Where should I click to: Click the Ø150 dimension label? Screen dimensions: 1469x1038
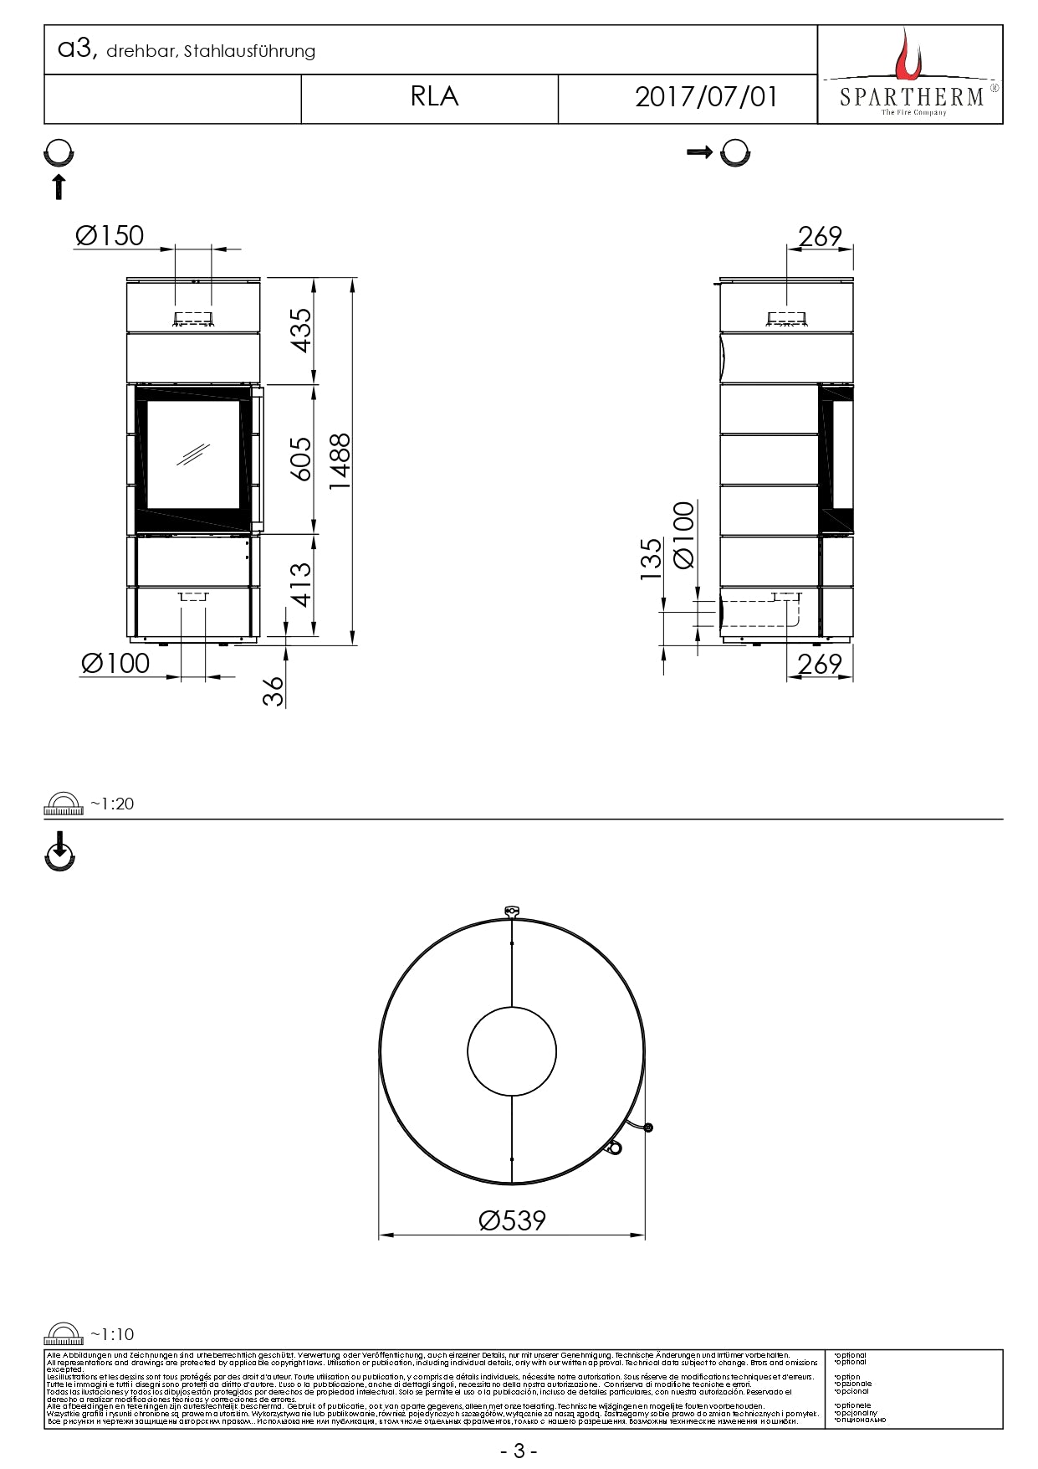point(110,236)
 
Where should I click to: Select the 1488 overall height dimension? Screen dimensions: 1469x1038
point(339,461)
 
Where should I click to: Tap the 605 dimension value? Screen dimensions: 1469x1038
point(301,459)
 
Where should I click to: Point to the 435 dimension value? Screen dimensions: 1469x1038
point(301,330)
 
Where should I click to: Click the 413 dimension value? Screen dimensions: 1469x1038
point(301,583)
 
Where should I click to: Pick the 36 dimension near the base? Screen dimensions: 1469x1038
point(274,691)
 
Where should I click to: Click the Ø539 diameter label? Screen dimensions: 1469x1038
point(512,1220)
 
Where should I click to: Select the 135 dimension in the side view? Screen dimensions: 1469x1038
point(651,558)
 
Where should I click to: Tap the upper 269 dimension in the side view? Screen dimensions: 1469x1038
point(819,237)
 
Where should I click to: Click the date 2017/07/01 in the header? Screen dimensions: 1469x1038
point(706,97)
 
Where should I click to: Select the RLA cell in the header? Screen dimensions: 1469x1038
point(434,97)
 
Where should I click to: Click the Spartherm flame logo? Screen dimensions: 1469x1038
point(907,54)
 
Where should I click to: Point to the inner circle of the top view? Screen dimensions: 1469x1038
point(512,1052)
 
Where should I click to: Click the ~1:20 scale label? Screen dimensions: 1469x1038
point(111,804)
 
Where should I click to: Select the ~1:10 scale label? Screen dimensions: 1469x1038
point(111,1334)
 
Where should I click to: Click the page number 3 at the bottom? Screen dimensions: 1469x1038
point(519,1451)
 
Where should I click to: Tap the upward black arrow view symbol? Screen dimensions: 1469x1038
point(59,187)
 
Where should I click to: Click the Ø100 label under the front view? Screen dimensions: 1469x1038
point(115,663)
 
